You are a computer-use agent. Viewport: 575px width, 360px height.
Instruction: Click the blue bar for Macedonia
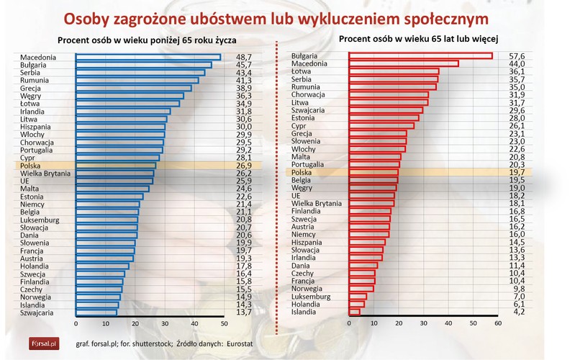[148, 57]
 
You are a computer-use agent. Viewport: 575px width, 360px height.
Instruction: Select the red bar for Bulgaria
[420, 56]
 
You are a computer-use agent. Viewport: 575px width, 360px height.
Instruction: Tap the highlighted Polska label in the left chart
[32, 166]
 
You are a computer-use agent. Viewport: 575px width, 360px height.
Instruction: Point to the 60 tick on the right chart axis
[497, 323]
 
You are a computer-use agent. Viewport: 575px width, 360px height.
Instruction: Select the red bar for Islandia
[353, 312]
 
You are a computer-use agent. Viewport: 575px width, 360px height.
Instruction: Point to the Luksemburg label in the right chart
[311, 296]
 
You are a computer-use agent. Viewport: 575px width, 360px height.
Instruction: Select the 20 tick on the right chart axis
[398, 323]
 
